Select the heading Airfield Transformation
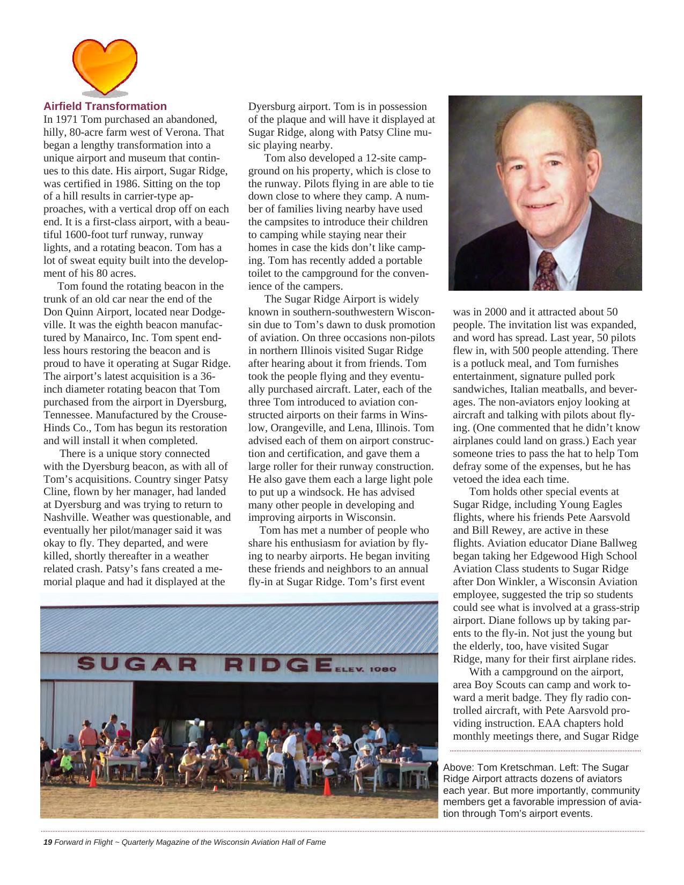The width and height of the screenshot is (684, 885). click(105, 106)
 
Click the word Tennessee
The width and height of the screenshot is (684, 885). click(68, 415)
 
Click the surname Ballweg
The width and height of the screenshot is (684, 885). click(616, 543)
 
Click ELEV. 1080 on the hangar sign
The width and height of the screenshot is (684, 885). click(366, 669)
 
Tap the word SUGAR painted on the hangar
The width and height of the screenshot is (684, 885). click(137, 664)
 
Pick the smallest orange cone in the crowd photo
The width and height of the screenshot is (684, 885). click(216, 788)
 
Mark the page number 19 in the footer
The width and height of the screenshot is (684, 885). click(48, 842)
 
